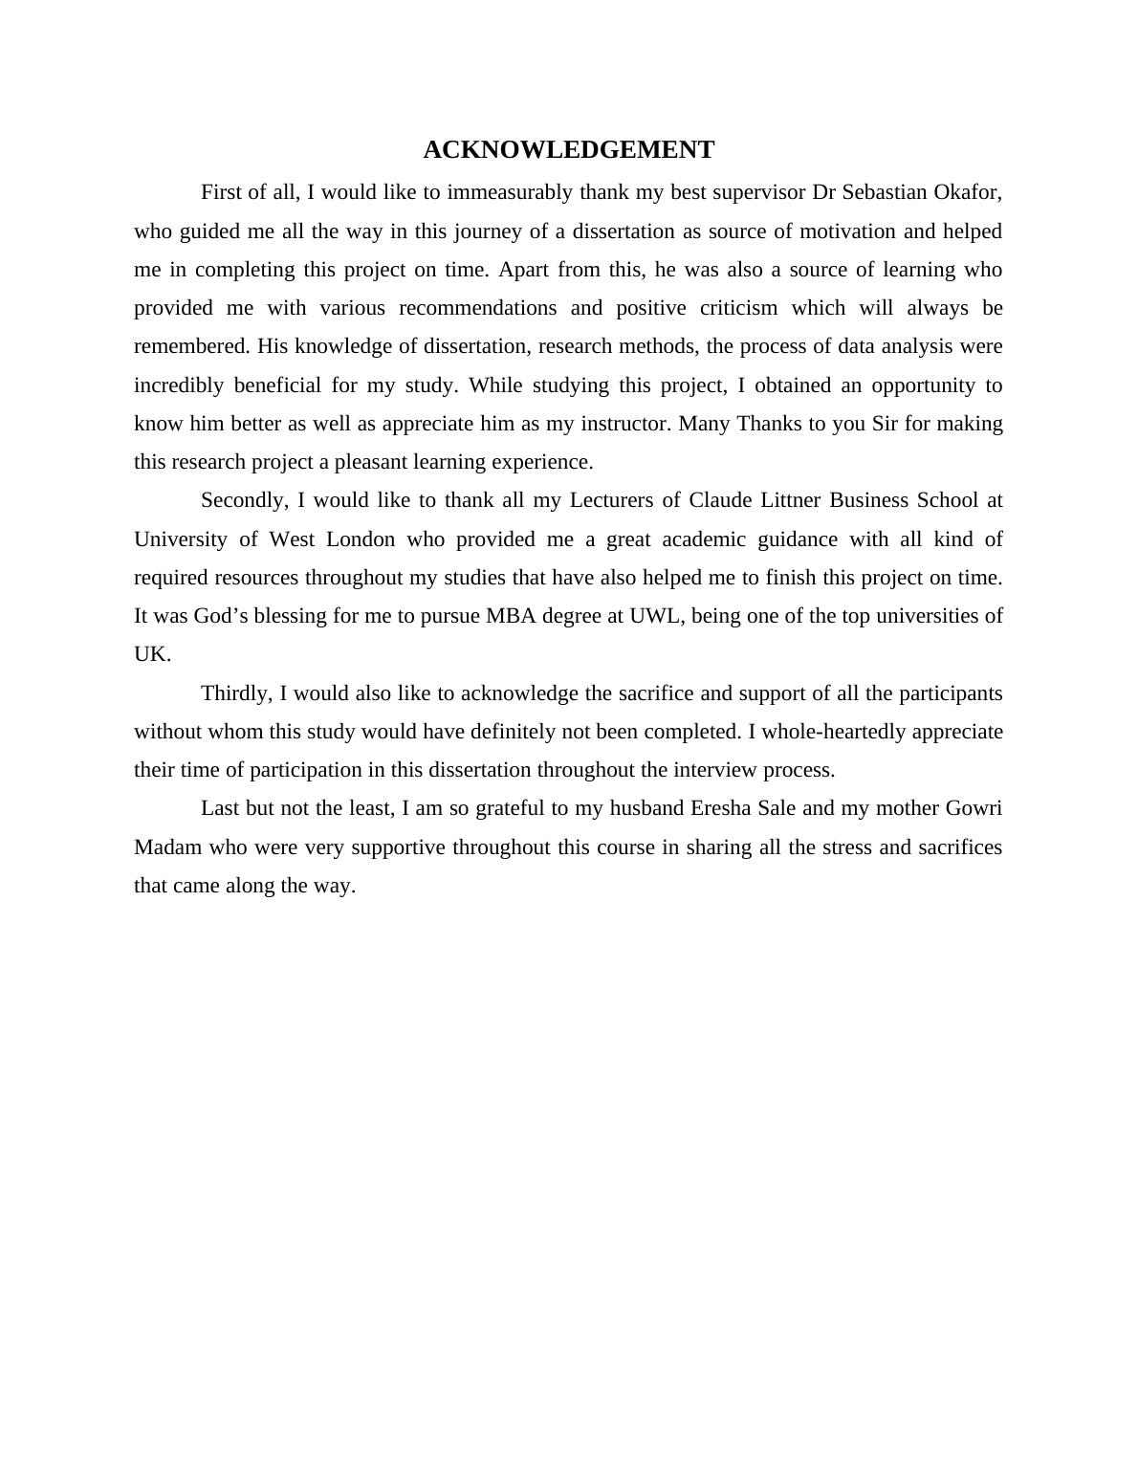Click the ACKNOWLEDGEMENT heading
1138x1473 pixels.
(x=568, y=150)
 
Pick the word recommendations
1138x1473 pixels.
(x=477, y=308)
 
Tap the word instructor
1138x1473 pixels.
(x=629, y=424)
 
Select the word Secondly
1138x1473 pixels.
(x=244, y=500)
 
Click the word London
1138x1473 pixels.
(x=361, y=539)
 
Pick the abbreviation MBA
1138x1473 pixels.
(x=511, y=616)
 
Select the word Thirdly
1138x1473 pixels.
(x=237, y=693)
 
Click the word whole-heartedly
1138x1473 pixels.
(x=833, y=732)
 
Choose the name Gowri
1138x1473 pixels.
(x=974, y=808)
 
